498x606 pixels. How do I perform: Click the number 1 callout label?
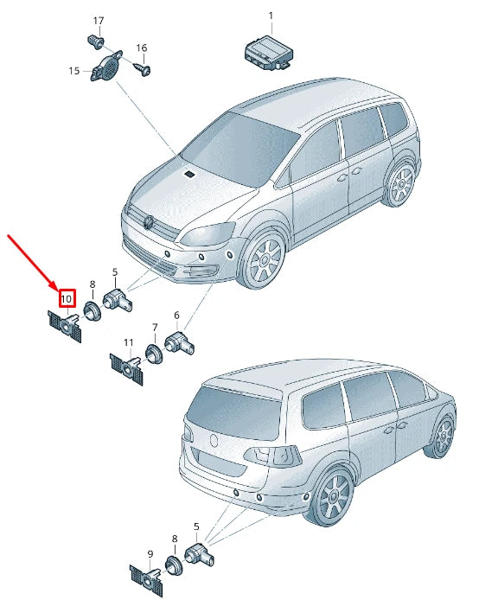tap(271, 16)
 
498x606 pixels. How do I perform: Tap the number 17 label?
tap(99, 21)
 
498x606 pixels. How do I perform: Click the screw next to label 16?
tap(143, 69)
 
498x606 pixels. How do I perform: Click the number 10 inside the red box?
tap(66, 299)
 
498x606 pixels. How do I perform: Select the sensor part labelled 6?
tap(180, 341)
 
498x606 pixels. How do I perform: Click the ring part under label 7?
tap(154, 353)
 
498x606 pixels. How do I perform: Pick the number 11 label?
tap(128, 342)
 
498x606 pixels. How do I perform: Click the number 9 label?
tap(150, 554)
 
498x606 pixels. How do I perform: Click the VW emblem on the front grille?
tap(148, 223)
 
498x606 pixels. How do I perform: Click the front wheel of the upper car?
tap(265, 258)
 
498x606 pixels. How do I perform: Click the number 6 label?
tap(176, 316)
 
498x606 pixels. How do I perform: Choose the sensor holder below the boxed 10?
tap(65, 326)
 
